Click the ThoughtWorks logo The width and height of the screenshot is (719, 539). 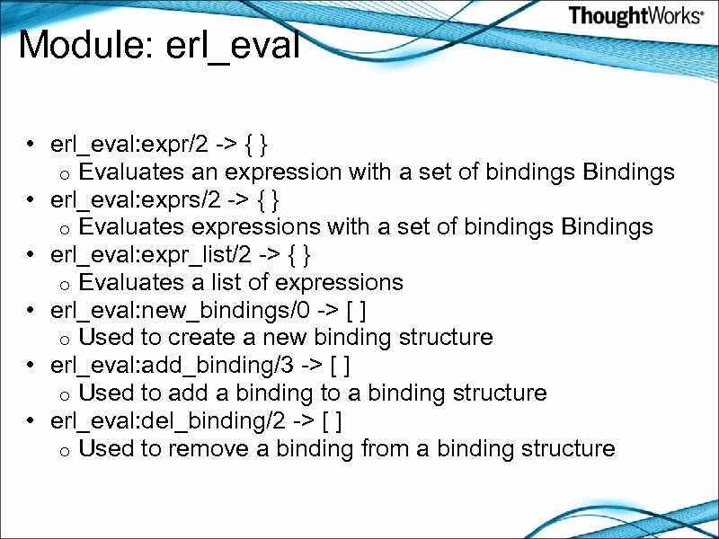(x=635, y=16)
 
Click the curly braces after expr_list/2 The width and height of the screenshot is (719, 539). (x=301, y=255)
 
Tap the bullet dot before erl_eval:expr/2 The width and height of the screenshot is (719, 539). (x=31, y=145)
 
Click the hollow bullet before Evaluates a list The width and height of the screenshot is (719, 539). (x=65, y=285)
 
